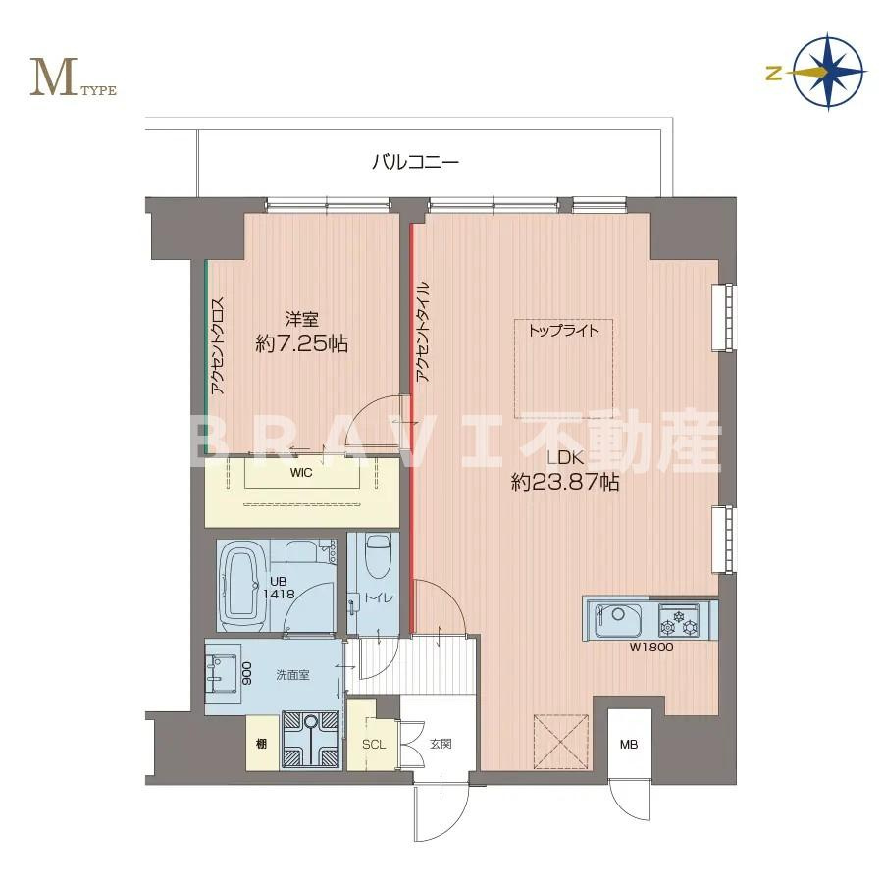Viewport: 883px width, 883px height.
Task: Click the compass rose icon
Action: [x=829, y=72]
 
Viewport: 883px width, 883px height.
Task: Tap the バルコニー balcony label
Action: [x=416, y=162]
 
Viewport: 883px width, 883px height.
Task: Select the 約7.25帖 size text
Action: [x=301, y=343]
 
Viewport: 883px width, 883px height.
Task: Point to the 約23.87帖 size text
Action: [x=565, y=482]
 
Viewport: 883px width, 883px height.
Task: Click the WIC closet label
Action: [x=301, y=473]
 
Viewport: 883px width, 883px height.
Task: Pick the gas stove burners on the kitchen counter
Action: [x=679, y=621]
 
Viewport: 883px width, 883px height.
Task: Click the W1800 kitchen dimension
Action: [x=651, y=648]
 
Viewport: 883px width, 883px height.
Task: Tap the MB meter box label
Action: [x=629, y=744]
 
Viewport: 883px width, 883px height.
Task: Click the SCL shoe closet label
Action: [x=374, y=744]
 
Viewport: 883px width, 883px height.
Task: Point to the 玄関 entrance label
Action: [x=441, y=744]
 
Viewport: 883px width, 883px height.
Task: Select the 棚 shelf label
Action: [x=261, y=744]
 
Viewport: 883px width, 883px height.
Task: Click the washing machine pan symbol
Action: [x=310, y=740]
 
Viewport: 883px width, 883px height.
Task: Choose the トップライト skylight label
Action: [x=564, y=331]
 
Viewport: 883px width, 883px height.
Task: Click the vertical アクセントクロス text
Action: [x=217, y=345]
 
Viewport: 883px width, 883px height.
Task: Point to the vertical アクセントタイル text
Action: [x=423, y=332]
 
